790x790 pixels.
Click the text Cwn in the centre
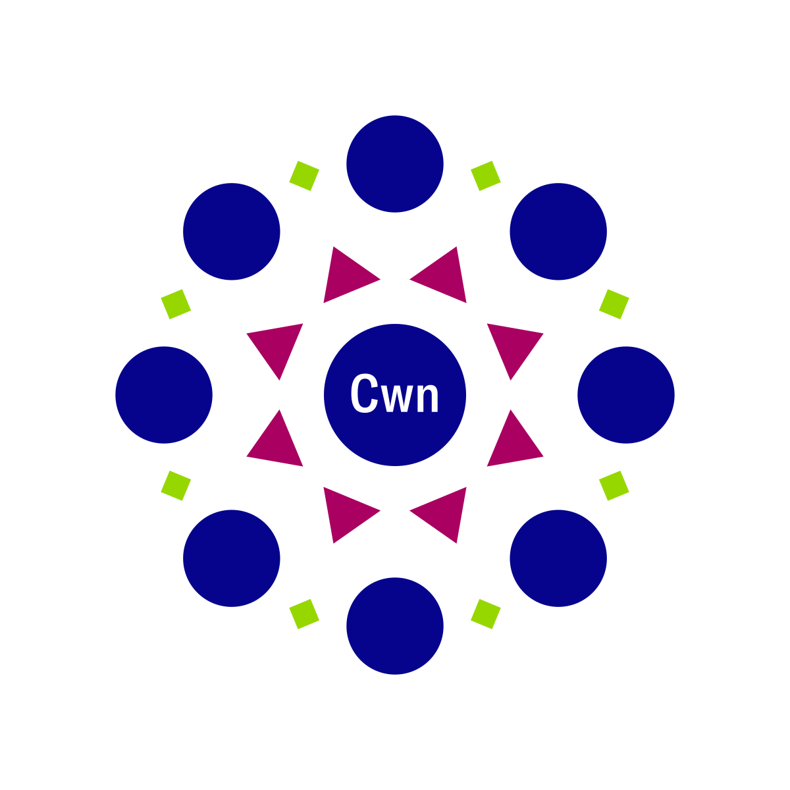click(395, 393)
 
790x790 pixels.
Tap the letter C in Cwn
click(364, 393)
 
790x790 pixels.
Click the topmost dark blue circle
click(395, 164)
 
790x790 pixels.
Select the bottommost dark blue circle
click(395, 626)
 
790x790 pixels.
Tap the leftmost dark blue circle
click(164, 395)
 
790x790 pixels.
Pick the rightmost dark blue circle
click(626, 395)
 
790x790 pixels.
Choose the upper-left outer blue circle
click(232, 232)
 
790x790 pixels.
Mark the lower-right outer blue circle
click(558, 558)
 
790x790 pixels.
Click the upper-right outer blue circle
click(558, 232)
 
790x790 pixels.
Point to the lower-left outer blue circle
click(232, 558)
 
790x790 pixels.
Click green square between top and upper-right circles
click(486, 176)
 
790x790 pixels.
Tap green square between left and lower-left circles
click(176, 486)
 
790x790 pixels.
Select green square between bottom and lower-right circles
click(486, 614)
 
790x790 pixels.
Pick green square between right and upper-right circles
click(614, 304)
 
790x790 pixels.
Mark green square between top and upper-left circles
click(304, 176)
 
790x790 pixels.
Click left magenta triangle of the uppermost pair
click(346, 276)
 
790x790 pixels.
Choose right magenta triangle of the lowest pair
click(444, 513)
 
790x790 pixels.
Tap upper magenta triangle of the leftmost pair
click(276, 346)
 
